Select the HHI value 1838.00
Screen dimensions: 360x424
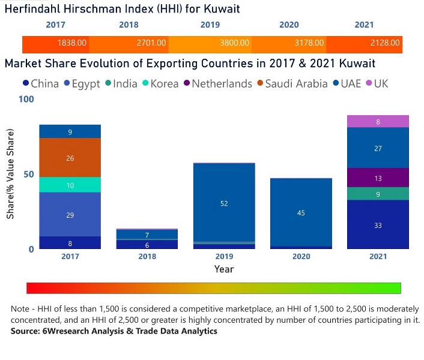72,44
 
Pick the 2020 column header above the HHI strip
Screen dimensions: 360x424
289,25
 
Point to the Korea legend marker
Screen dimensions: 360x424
146,83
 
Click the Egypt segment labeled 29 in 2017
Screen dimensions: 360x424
70,214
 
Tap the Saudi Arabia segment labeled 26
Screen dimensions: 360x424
70,158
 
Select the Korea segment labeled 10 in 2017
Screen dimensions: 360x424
70,185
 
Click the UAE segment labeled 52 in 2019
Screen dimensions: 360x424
224,203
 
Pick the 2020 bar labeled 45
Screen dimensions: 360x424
301,212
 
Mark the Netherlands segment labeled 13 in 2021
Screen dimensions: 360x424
378,178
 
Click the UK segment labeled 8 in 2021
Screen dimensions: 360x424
378,122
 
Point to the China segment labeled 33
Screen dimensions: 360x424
378,225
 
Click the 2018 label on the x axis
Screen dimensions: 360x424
147,256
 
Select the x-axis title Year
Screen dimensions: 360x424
224,269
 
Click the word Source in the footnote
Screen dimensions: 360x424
25,331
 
